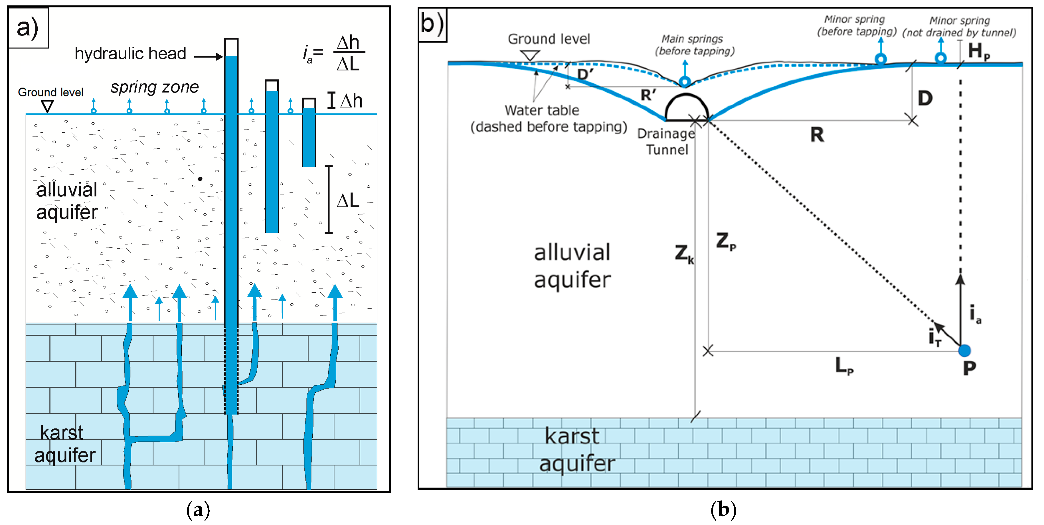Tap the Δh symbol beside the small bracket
[351, 101]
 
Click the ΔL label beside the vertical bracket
[348, 200]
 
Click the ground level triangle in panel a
[47, 106]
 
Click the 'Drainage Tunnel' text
[666, 141]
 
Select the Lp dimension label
[844, 366]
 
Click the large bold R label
[817, 135]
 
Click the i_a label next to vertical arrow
[975, 314]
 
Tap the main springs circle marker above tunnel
[685, 82]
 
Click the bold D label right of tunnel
[925, 98]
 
